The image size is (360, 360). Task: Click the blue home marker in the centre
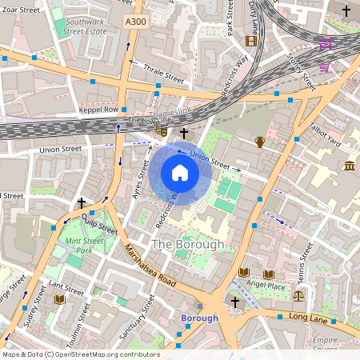coord(180,173)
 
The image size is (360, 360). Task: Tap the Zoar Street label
coord(20,10)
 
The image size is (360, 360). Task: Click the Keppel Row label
coord(98,109)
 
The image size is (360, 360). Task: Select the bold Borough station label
coord(199,318)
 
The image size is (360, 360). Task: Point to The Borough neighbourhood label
coord(188,243)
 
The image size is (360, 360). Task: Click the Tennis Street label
coord(303,264)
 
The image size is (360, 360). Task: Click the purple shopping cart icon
coord(325,66)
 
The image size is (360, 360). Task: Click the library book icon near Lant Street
coord(59,299)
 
